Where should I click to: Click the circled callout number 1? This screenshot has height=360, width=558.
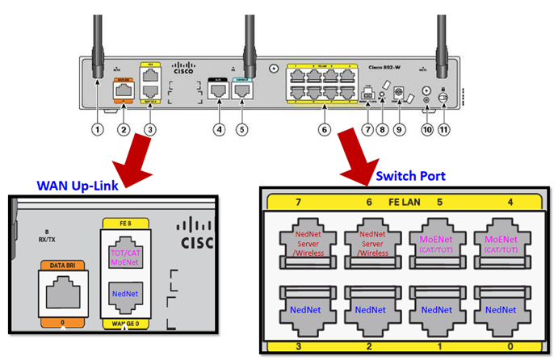tap(98, 129)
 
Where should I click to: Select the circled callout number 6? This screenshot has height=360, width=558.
tap(324, 129)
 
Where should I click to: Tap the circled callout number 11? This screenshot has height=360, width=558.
tap(443, 129)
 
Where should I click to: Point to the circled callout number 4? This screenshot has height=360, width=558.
tap(218, 129)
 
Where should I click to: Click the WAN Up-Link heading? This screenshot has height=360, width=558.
tap(78, 184)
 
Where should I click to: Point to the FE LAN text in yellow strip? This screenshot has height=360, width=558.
tap(404, 202)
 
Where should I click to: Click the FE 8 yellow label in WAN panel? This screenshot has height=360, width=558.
tap(124, 223)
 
